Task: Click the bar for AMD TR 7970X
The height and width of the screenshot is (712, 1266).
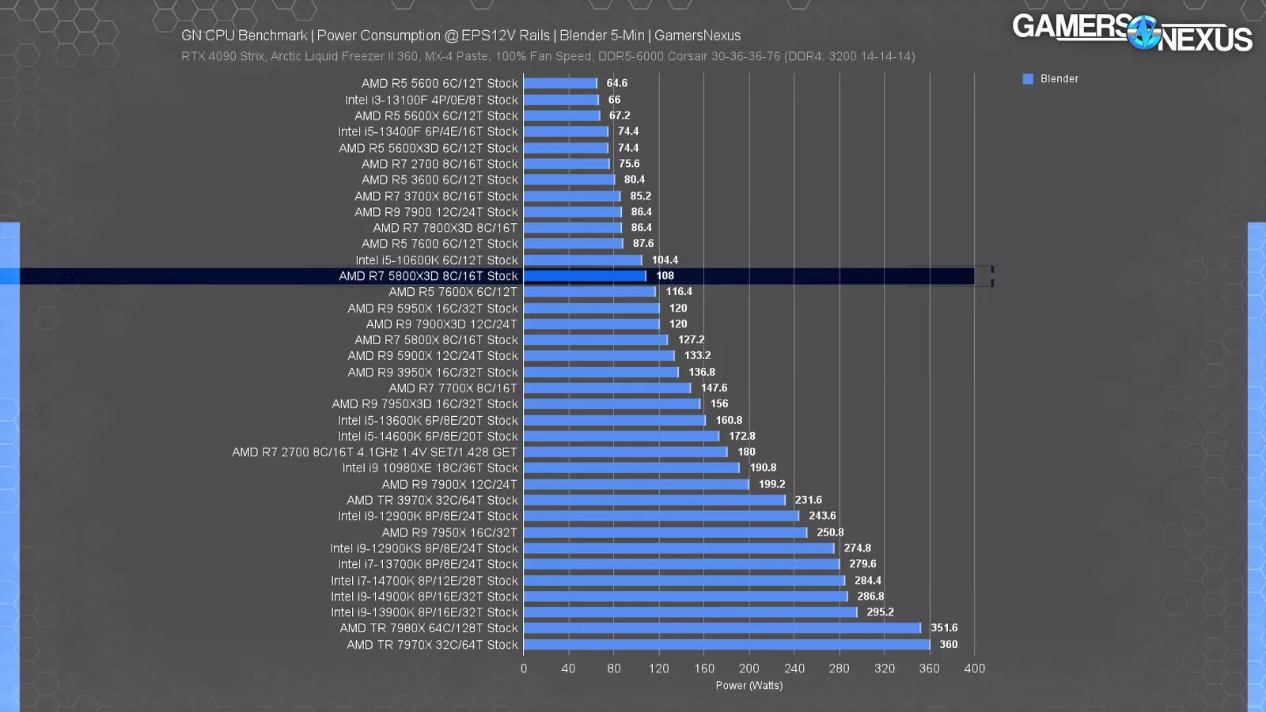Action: coord(726,645)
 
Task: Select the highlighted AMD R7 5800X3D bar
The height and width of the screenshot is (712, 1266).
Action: coord(585,276)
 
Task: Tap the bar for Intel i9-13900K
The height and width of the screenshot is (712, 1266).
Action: coord(690,612)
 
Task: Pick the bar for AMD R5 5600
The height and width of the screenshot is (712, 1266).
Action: coord(560,83)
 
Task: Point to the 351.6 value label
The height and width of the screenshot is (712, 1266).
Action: coord(944,628)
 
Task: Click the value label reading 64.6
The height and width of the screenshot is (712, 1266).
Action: coord(616,83)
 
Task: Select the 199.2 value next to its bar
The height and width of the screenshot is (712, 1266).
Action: coord(771,484)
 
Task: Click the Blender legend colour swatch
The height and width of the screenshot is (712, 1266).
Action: coord(1028,79)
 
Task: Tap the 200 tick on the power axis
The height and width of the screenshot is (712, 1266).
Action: coord(749,668)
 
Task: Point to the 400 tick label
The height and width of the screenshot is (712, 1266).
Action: coord(974,668)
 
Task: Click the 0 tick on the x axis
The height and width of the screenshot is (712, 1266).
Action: coord(524,668)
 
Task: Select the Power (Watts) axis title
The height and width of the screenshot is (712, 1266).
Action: coord(749,686)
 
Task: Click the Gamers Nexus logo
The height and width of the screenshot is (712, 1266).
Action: coord(1131,33)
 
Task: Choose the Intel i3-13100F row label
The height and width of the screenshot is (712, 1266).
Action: coord(431,100)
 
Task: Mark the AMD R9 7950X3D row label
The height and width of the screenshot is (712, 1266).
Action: coord(425,404)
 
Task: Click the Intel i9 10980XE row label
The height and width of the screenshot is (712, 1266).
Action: coord(430,468)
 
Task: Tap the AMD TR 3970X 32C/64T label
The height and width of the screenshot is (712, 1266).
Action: coord(432,500)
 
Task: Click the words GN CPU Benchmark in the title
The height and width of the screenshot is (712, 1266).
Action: coord(244,36)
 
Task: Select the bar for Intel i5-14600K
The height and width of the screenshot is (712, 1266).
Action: coord(621,437)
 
